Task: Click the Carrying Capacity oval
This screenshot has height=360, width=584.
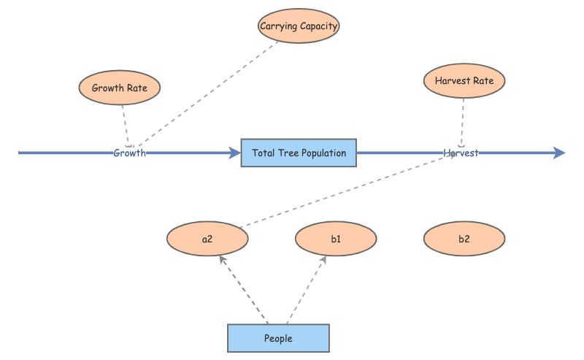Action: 299,27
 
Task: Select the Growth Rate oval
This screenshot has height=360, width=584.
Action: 119,88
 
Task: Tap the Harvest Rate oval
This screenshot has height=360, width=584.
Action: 464,81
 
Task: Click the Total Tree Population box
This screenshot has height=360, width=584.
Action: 299,153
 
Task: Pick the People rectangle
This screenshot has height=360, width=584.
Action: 278,338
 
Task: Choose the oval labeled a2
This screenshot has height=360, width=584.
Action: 207,239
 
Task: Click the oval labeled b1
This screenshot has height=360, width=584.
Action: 336,239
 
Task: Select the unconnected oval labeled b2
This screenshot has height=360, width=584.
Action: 464,239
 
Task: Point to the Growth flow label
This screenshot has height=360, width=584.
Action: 129,153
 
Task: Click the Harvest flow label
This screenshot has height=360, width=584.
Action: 461,153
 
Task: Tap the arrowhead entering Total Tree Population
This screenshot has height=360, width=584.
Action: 234,153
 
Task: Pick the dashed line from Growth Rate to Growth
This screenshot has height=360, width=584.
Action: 126,122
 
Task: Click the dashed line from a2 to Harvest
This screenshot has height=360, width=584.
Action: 343,191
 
